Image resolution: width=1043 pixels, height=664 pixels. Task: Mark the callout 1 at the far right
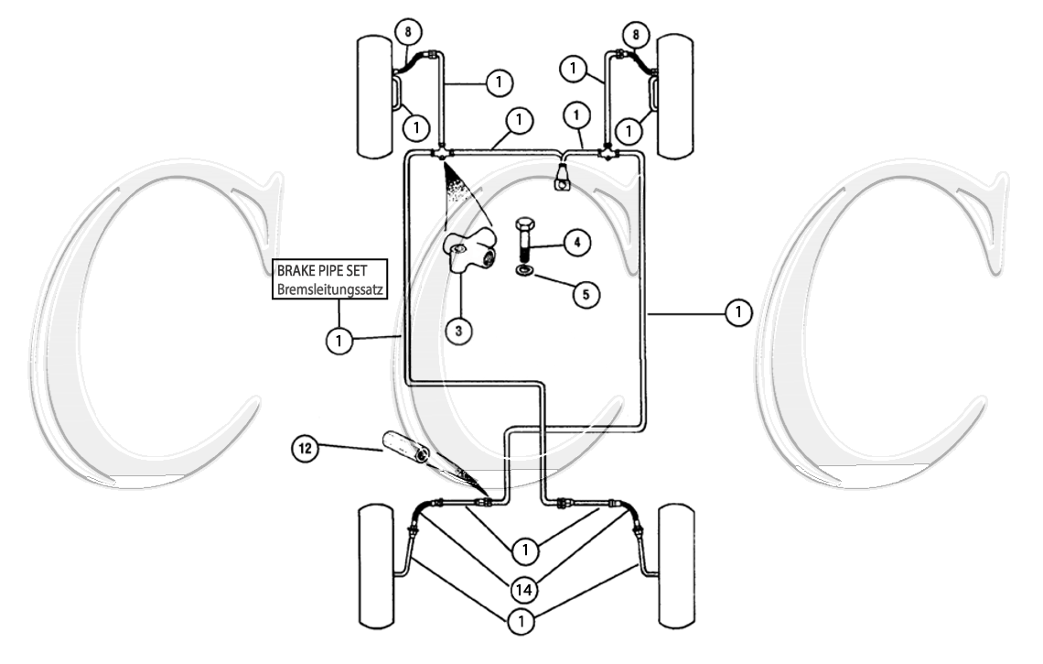point(737,313)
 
